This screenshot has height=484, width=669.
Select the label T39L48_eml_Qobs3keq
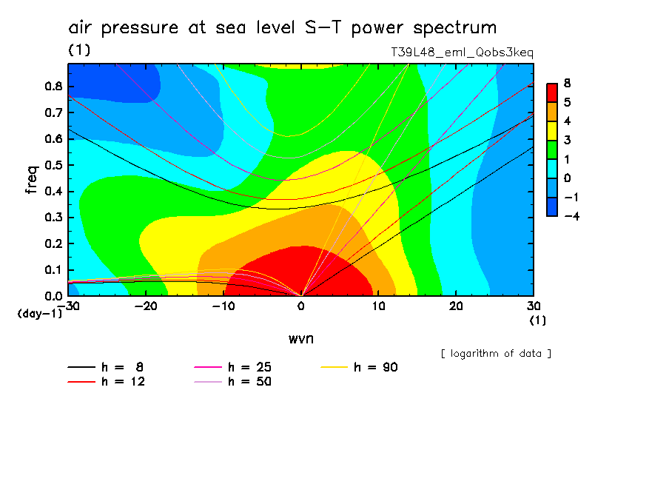(462, 53)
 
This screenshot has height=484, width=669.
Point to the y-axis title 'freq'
(31, 179)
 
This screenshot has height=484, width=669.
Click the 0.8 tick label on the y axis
(53, 86)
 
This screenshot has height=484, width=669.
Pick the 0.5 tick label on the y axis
(53, 165)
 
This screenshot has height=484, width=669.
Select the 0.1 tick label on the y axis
(53, 270)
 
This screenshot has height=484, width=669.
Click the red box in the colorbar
(552, 92)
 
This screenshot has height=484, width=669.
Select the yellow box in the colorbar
(552, 130)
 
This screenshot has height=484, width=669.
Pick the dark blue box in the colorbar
(552, 207)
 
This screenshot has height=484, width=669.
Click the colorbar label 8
(568, 84)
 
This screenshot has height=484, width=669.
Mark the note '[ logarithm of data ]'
(496, 353)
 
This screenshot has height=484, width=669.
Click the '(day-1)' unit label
(39, 314)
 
